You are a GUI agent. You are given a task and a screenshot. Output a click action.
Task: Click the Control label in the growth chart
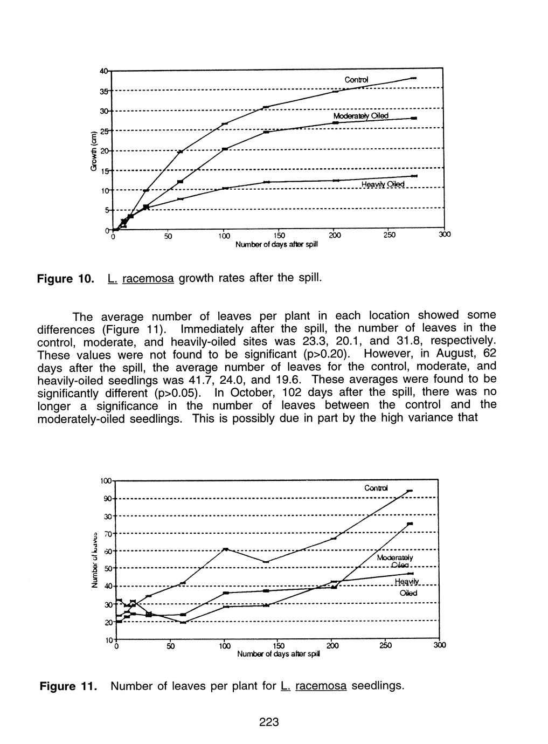point(356,80)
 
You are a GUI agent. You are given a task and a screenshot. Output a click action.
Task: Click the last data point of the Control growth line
point(413,78)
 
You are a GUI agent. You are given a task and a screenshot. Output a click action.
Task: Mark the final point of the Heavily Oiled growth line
point(414,176)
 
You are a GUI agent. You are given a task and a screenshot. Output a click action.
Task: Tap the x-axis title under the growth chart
point(276,244)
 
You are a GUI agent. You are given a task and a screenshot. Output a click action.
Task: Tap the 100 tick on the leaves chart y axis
point(106,480)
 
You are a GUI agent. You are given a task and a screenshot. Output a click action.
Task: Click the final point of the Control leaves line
point(410,491)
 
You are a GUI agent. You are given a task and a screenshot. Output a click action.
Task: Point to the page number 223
point(268,723)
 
